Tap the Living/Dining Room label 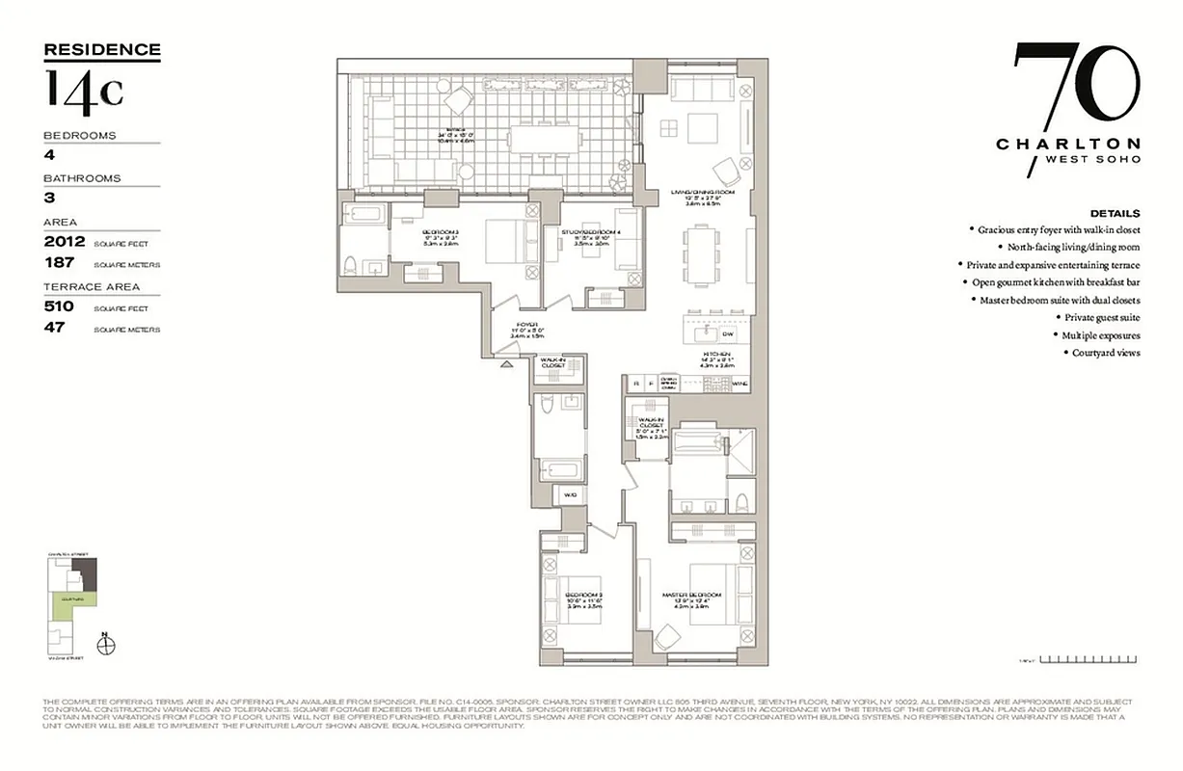[703, 193]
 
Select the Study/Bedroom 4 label [589, 231]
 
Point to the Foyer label [526, 324]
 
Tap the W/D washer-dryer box [570, 497]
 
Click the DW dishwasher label [728, 333]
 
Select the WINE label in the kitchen [740, 384]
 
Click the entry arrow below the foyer [506, 363]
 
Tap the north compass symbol [106, 643]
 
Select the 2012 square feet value [65, 242]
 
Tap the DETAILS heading [1115, 213]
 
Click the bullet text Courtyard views [1106, 353]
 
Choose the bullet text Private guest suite [1102, 317]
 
